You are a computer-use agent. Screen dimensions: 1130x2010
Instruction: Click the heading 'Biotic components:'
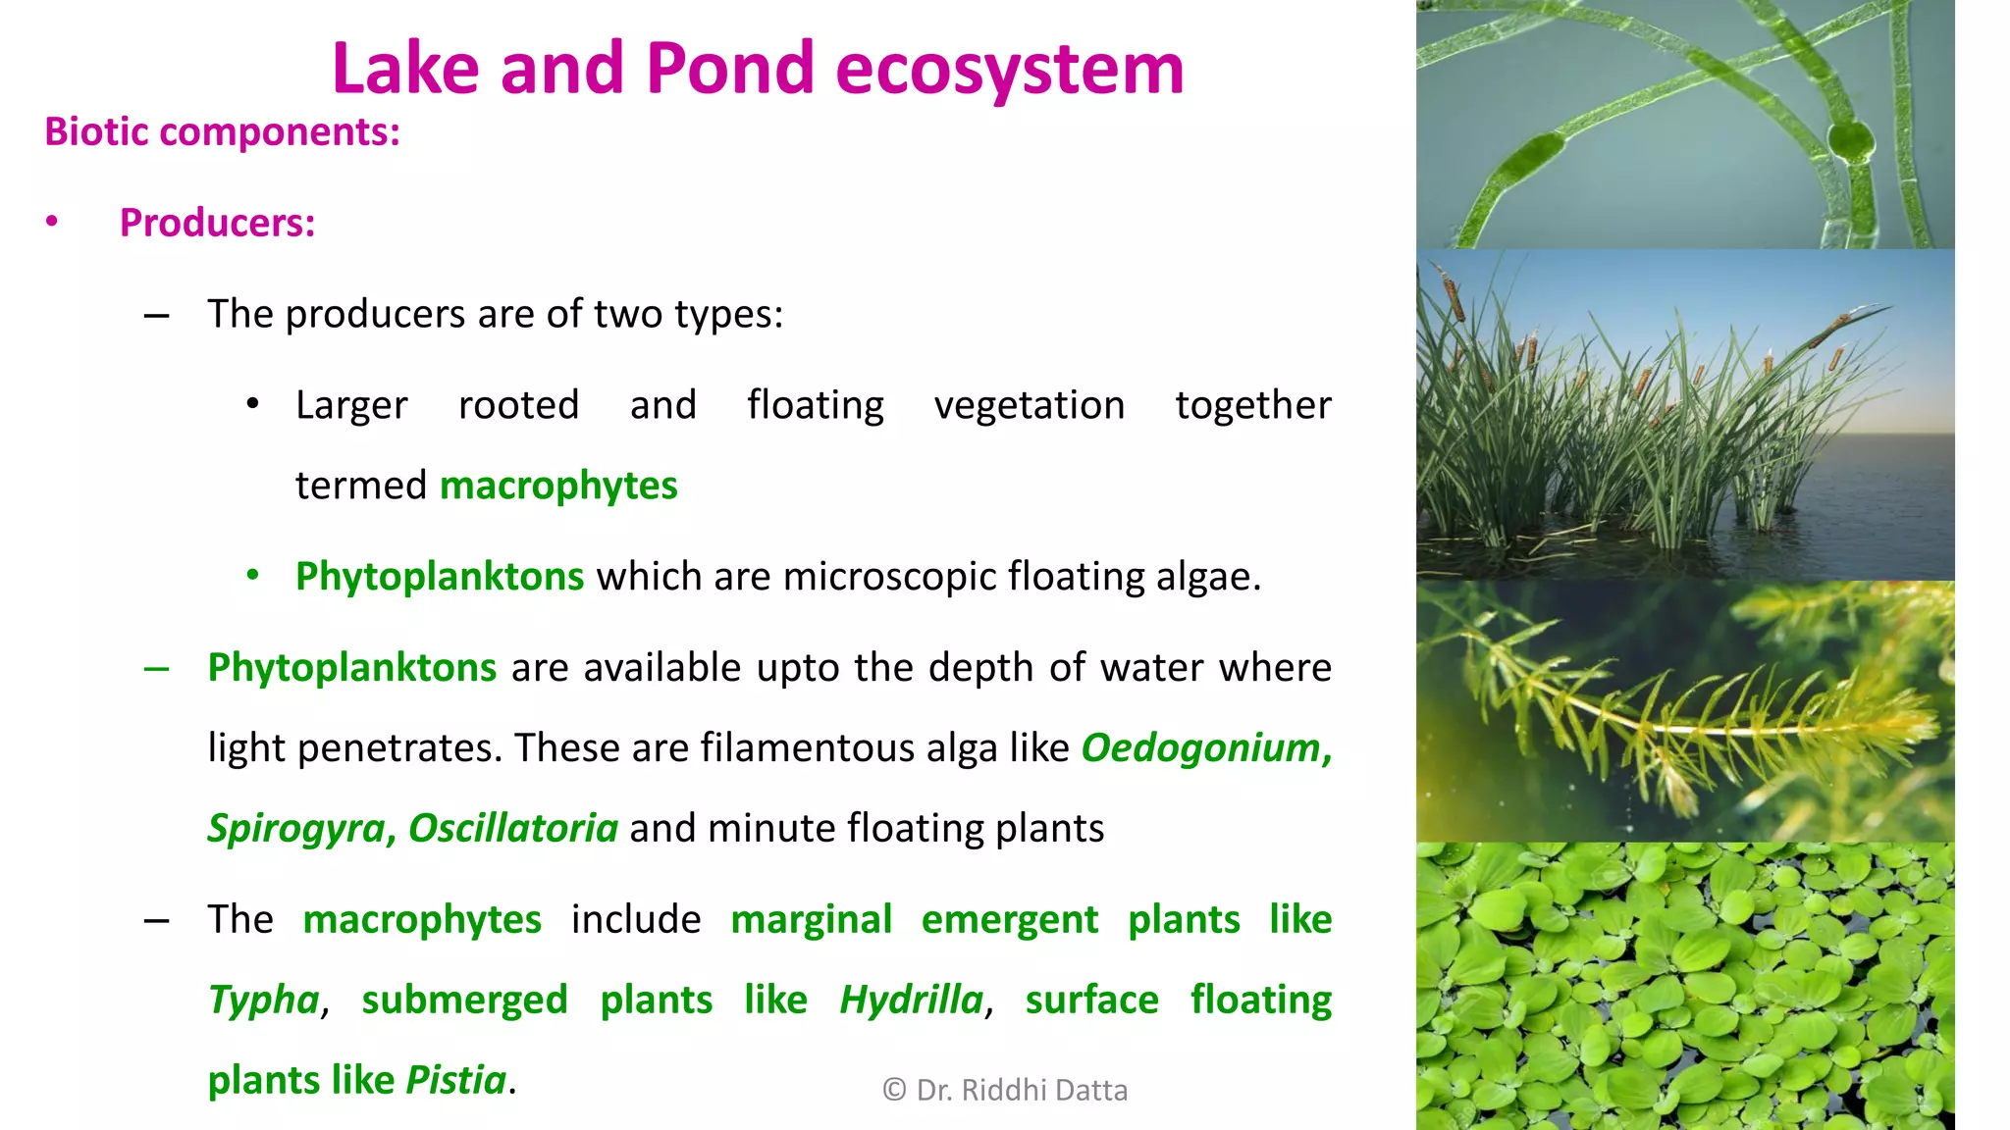223,131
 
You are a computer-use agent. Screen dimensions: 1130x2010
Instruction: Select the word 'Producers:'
217,223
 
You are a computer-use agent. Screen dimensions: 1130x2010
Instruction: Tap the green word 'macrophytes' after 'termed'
558,486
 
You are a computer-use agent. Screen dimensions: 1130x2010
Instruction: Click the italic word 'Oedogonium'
1202,748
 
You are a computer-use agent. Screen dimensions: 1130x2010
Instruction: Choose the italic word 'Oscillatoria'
512,829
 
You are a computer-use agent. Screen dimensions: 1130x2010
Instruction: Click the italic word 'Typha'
263,1001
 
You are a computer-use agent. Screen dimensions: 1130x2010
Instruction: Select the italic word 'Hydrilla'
911,1001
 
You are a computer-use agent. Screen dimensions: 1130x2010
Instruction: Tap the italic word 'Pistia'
455,1081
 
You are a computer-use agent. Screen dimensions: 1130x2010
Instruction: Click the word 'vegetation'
1029,405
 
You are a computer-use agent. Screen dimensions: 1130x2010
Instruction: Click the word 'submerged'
464,1001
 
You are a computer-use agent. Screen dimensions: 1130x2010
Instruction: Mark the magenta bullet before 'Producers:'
52,222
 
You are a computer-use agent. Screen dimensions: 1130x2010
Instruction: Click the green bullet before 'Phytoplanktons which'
253,575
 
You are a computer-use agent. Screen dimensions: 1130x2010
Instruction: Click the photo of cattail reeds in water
1684,414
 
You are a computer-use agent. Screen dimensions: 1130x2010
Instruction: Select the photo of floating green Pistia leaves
1684,985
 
